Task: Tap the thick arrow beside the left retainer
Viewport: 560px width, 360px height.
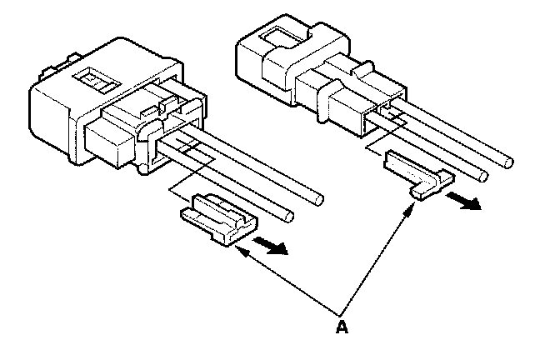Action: coord(271,246)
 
